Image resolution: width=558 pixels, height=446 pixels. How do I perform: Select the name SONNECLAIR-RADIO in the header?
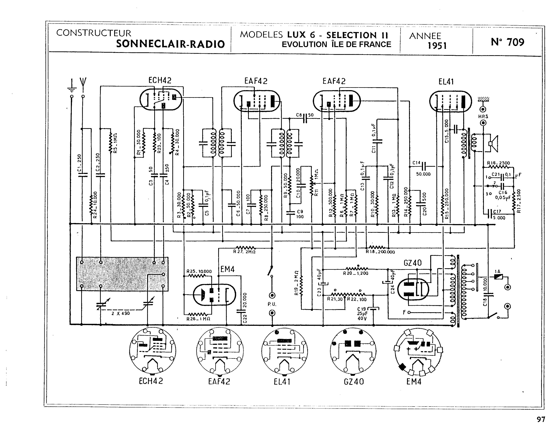[x=170, y=44]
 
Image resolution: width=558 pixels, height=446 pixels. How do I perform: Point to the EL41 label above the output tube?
[x=446, y=82]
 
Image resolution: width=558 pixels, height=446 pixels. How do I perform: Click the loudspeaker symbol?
[x=493, y=144]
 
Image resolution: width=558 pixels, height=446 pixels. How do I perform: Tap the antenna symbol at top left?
[x=83, y=84]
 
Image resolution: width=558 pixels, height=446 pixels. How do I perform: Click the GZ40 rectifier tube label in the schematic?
[x=412, y=263]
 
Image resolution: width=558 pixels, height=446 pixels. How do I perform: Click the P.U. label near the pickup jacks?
[x=272, y=304]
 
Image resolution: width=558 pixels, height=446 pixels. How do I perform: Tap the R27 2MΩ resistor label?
[x=244, y=252]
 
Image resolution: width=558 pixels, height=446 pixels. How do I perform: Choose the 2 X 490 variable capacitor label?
[x=120, y=313]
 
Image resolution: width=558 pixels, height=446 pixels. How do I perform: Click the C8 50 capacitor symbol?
[x=305, y=118]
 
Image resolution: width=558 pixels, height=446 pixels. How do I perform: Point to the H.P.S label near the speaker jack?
[x=483, y=117]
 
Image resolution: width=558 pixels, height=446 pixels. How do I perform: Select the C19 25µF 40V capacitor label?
[x=362, y=314]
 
